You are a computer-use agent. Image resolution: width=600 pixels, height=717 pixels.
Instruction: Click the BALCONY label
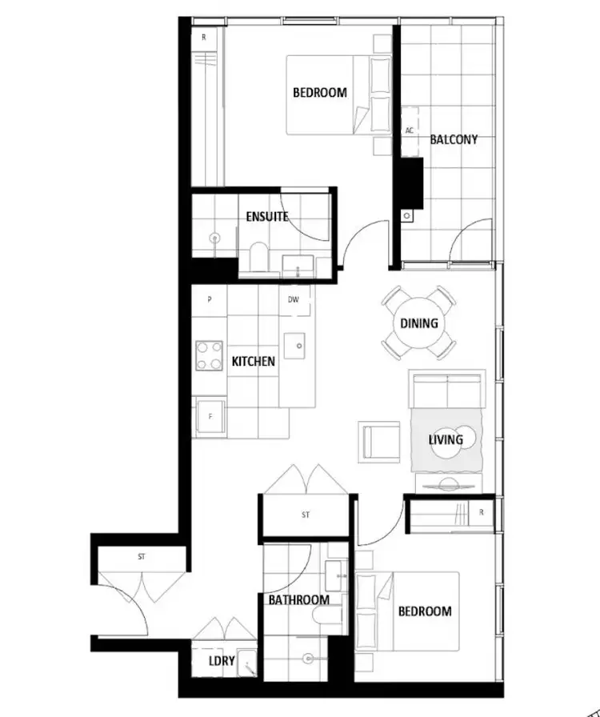[x=454, y=139]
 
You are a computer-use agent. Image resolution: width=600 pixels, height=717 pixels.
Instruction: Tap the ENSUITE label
[x=267, y=216]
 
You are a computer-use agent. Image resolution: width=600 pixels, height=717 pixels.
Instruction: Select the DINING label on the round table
[x=419, y=323]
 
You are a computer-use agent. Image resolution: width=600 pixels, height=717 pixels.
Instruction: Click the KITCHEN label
[x=254, y=362]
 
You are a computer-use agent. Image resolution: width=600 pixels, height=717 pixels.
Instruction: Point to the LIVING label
[x=446, y=439]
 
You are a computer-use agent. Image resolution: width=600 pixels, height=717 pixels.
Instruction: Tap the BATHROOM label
[x=298, y=599]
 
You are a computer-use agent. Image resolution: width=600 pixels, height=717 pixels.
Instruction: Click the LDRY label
[x=222, y=661]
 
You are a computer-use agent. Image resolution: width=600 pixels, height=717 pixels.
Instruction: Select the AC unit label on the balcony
[x=410, y=130]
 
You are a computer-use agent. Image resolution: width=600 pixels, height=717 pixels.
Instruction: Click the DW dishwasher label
[x=294, y=300]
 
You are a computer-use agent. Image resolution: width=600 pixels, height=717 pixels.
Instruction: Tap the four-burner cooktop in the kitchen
[x=210, y=355]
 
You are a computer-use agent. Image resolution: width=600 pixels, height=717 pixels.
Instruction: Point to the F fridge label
[x=210, y=417]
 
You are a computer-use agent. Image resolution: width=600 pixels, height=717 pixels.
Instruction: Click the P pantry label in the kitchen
[x=210, y=300]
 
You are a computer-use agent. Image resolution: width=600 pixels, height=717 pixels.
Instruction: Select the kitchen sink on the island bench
[x=297, y=345]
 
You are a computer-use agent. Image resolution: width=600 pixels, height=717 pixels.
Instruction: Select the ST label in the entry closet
[x=142, y=555]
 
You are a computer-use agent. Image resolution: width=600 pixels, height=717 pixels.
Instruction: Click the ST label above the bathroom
[x=306, y=515]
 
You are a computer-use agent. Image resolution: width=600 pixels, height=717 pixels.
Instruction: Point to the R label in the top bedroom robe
[x=204, y=38]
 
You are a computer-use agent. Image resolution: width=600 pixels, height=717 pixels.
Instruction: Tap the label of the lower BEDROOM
[x=425, y=611]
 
